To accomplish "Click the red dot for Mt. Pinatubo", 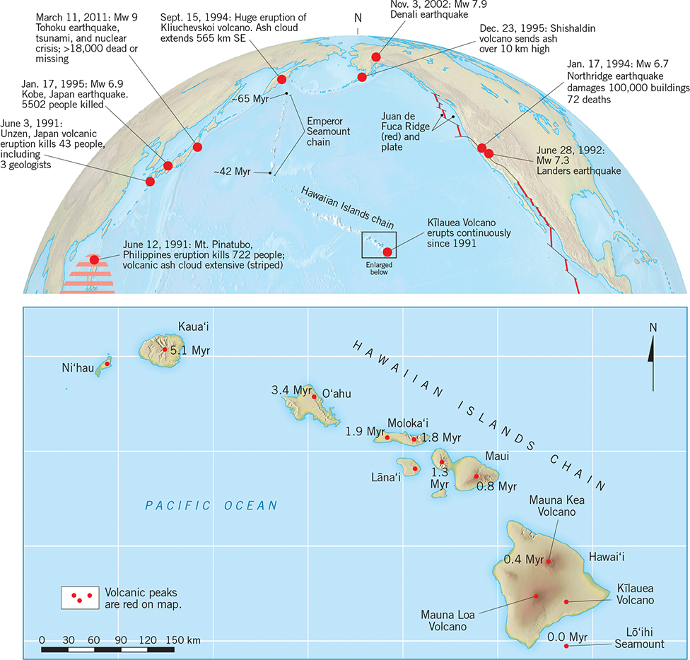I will click(x=94, y=260).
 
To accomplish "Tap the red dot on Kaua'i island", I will click(x=165, y=349).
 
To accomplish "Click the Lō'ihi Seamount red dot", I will click(x=566, y=645).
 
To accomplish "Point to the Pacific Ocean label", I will click(x=211, y=505).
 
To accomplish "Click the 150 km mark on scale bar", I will click(x=174, y=640).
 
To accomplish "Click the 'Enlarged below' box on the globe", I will click(x=379, y=244).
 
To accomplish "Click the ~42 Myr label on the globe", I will click(x=236, y=171).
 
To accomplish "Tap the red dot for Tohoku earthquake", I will click(x=198, y=146).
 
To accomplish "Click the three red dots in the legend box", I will click(x=79, y=597).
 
